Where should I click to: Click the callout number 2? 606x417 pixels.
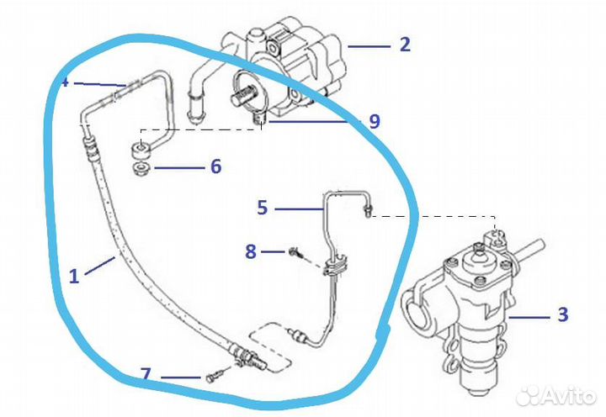pyautogui.click(x=405, y=44)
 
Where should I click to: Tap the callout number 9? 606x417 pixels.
pyautogui.click(x=374, y=121)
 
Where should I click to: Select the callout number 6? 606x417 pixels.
pyautogui.click(x=215, y=166)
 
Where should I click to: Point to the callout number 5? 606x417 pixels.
pyautogui.click(x=263, y=206)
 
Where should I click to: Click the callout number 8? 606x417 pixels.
pyautogui.click(x=250, y=250)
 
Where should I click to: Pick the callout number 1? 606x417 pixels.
pyautogui.click(x=74, y=275)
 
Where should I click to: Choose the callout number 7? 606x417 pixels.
pyautogui.click(x=146, y=372)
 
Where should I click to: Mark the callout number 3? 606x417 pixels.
pyautogui.click(x=562, y=315)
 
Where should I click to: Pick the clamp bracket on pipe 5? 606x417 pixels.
pyautogui.click(x=332, y=267)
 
